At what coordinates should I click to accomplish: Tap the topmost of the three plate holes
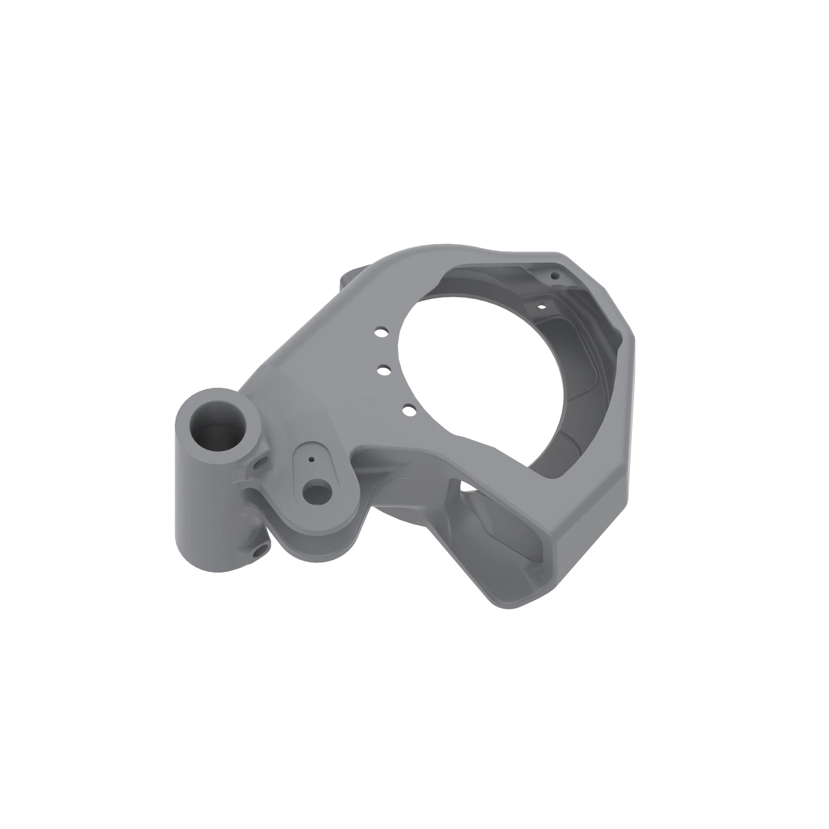(x=381, y=332)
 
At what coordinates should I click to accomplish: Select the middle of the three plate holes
(x=384, y=369)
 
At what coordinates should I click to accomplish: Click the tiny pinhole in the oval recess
(x=312, y=459)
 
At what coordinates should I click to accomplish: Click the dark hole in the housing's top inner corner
(x=555, y=276)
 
